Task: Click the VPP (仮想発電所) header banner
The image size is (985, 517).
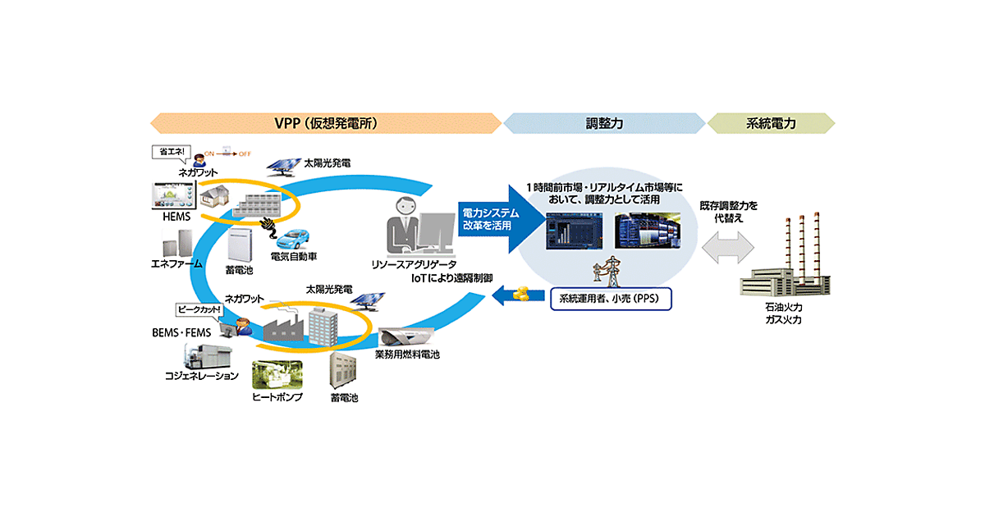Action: coord(325,123)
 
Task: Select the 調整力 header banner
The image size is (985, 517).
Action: coord(603,123)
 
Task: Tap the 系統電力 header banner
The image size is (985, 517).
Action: coord(770,123)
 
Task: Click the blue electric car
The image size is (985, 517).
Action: coord(295,241)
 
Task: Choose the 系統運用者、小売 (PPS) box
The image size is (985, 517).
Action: coord(610,296)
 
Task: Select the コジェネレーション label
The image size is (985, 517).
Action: coord(201,376)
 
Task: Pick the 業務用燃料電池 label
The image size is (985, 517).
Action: coord(407,355)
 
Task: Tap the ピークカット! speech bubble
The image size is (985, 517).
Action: coord(199,309)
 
